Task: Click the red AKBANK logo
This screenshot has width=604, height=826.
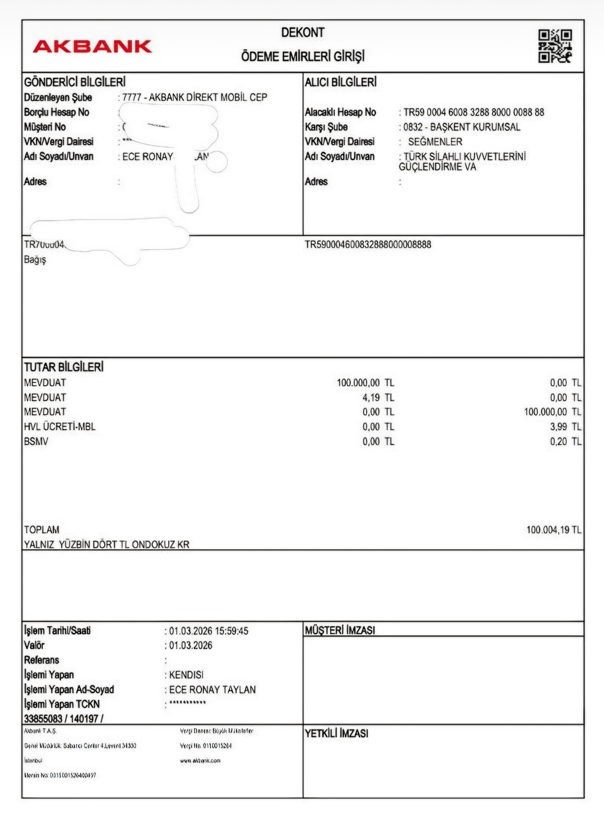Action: click(92, 46)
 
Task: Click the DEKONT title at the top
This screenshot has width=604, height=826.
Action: click(302, 33)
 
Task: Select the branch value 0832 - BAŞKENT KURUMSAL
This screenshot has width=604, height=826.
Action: click(461, 127)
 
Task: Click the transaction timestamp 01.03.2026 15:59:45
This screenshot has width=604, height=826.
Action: click(208, 631)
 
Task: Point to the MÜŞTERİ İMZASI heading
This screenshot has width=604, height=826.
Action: click(340, 630)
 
